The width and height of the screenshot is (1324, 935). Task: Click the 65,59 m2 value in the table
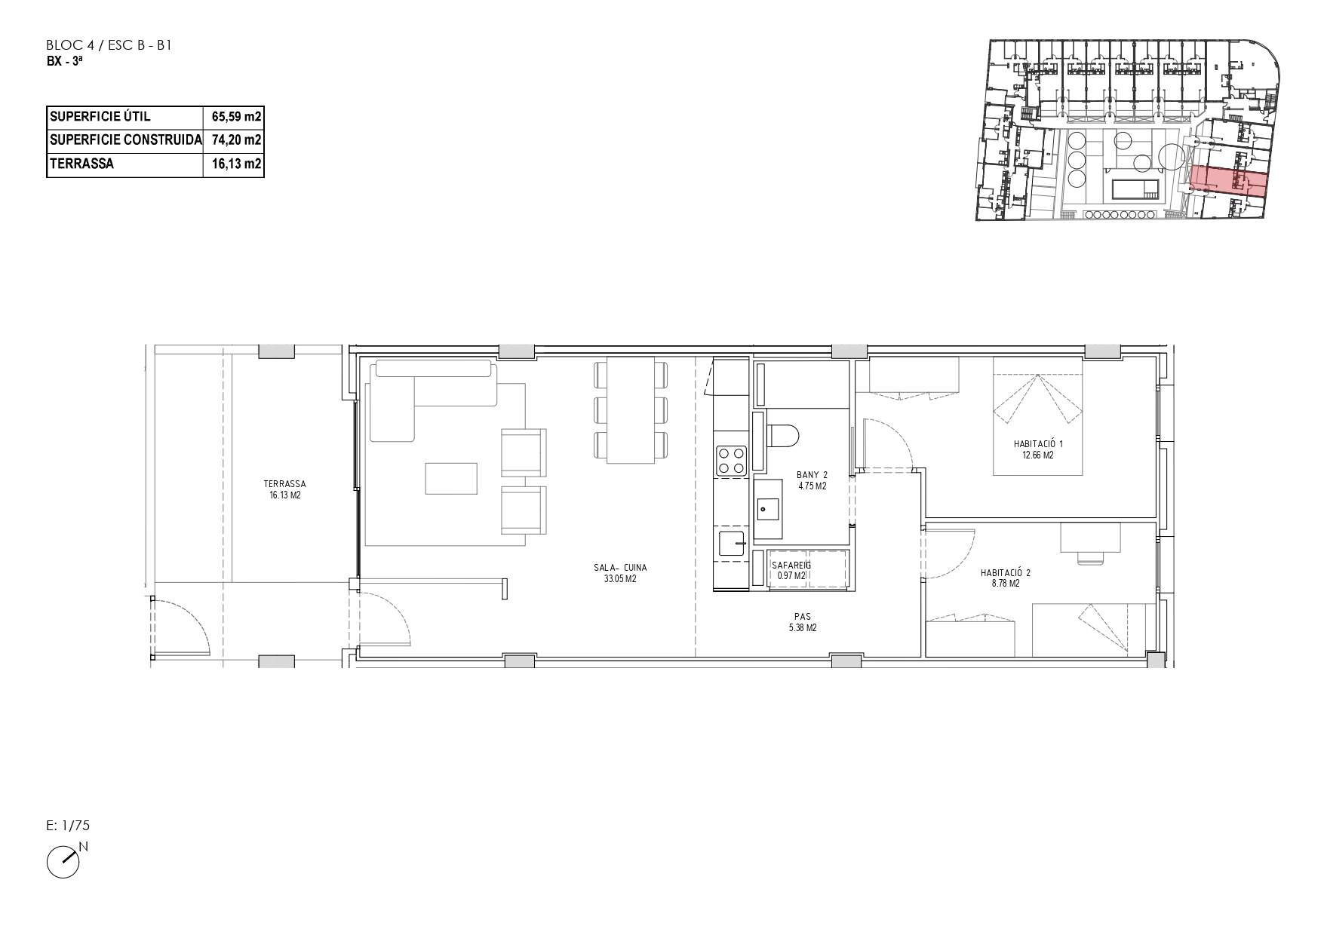point(234,117)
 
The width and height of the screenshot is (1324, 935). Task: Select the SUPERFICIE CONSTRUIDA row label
point(125,140)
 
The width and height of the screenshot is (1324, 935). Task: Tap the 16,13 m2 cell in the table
point(234,164)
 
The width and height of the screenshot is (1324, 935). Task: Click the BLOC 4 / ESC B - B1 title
point(110,45)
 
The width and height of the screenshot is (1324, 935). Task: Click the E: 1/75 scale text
point(68,826)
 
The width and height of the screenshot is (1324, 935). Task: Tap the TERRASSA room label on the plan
point(284,484)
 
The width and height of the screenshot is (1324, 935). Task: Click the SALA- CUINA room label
point(620,568)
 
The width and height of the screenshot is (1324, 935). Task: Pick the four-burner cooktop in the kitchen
point(731,461)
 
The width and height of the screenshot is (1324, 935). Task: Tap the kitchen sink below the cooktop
point(732,543)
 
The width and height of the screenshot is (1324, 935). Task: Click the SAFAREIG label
point(791,564)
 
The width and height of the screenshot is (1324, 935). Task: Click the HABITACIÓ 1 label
point(1038,445)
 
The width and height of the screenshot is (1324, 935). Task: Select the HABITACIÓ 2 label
point(1006,573)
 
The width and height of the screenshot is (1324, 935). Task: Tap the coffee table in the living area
point(451,478)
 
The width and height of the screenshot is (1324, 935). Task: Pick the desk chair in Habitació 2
point(1089,556)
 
